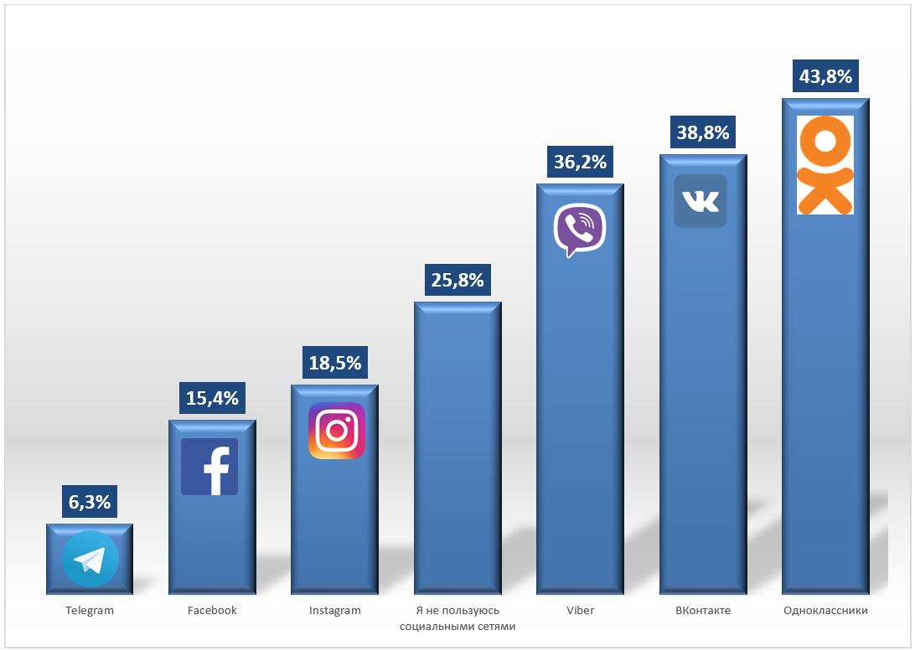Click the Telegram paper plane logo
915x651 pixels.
(x=90, y=559)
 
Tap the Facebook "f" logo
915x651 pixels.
(x=209, y=467)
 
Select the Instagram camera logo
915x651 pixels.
(x=337, y=431)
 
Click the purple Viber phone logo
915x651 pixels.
(x=580, y=230)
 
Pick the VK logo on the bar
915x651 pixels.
(x=700, y=201)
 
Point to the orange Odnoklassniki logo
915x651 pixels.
(x=825, y=165)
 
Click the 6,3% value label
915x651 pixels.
(x=90, y=503)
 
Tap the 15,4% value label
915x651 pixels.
(x=212, y=398)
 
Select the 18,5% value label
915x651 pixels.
(x=335, y=363)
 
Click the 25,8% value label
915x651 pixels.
(x=457, y=281)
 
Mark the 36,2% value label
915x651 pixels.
(x=580, y=162)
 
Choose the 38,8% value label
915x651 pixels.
(x=702, y=132)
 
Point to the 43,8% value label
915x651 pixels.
(x=825, y=77)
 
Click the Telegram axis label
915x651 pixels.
(x=90, y=611)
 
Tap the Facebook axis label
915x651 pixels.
(x=212, y=611)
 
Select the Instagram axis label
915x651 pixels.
(x=335, y=611)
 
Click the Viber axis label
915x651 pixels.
(x=580, y=611)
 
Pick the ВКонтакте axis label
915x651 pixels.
(x=703, y=611)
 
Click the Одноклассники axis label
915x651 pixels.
(x=825, y=611)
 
